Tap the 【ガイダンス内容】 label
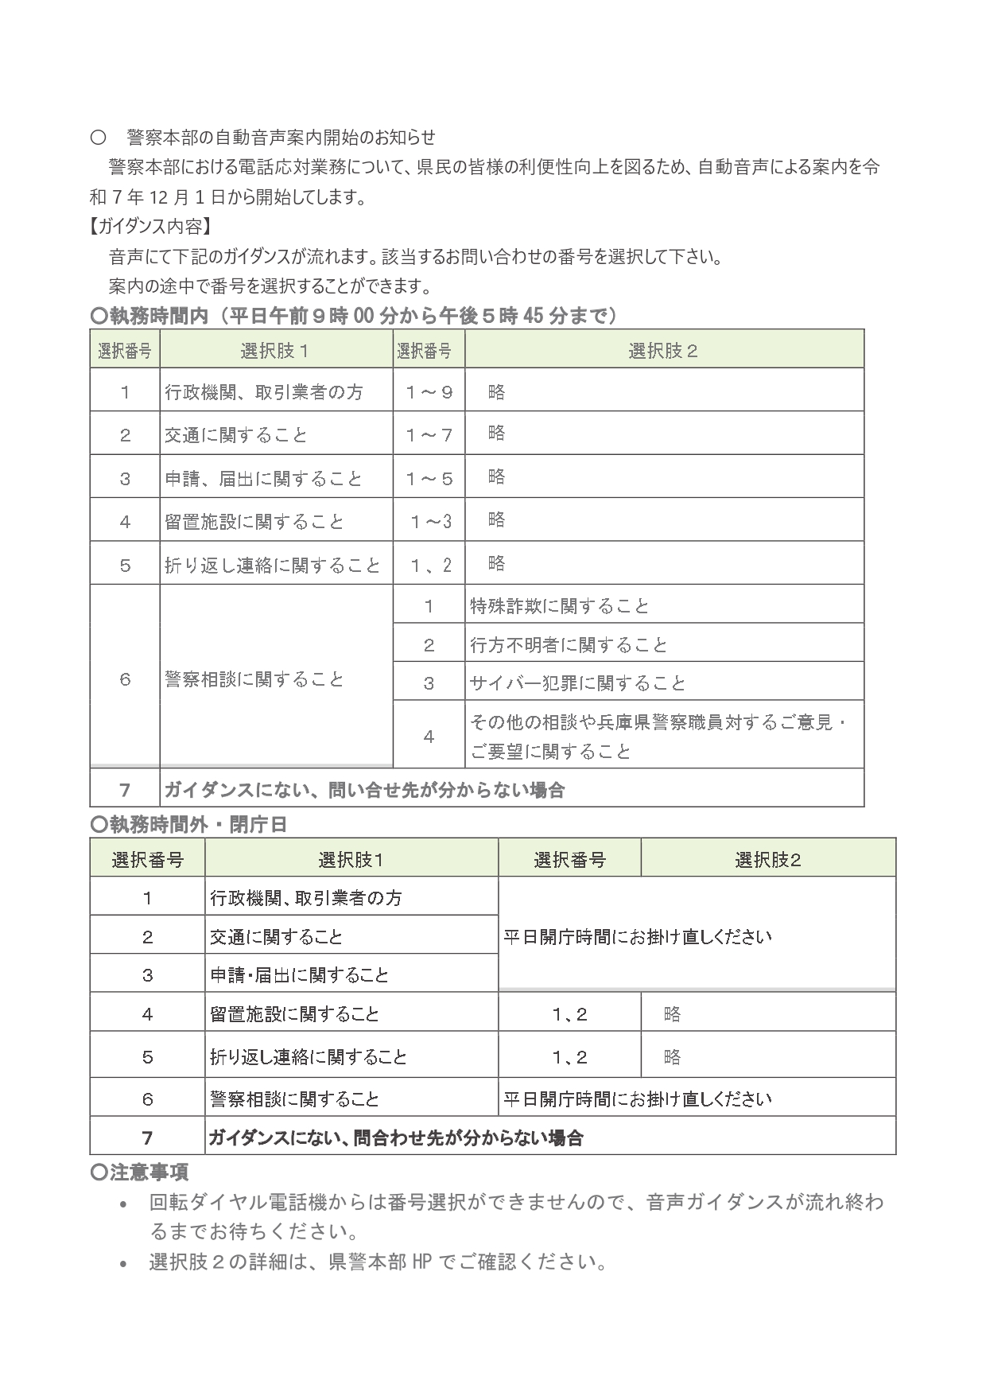(x=151, y=227)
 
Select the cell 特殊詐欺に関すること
(x=560, y=606)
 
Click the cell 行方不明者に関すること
(x=569, y=644)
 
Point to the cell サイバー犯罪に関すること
(x=577, y=682)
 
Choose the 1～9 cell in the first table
(x=429, y=391)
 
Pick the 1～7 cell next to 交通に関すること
(x=429, y=434)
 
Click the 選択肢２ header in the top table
(x=663, y=351)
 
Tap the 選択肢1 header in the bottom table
(x=351, y=859)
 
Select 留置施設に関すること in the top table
(x=254, y=522)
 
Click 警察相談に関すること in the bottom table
(x=294, y=1099)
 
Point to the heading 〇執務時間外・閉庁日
(x=188, y=824)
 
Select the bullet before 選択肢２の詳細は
(x=123, y=1264)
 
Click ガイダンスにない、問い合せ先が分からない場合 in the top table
(x=364, y=790)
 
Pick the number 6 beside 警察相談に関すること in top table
(x=125, y=679)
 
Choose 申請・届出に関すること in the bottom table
(x=299, y=974)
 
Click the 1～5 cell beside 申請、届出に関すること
(x=429, y=478)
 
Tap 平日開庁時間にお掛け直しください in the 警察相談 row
(x=638, y=1099)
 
